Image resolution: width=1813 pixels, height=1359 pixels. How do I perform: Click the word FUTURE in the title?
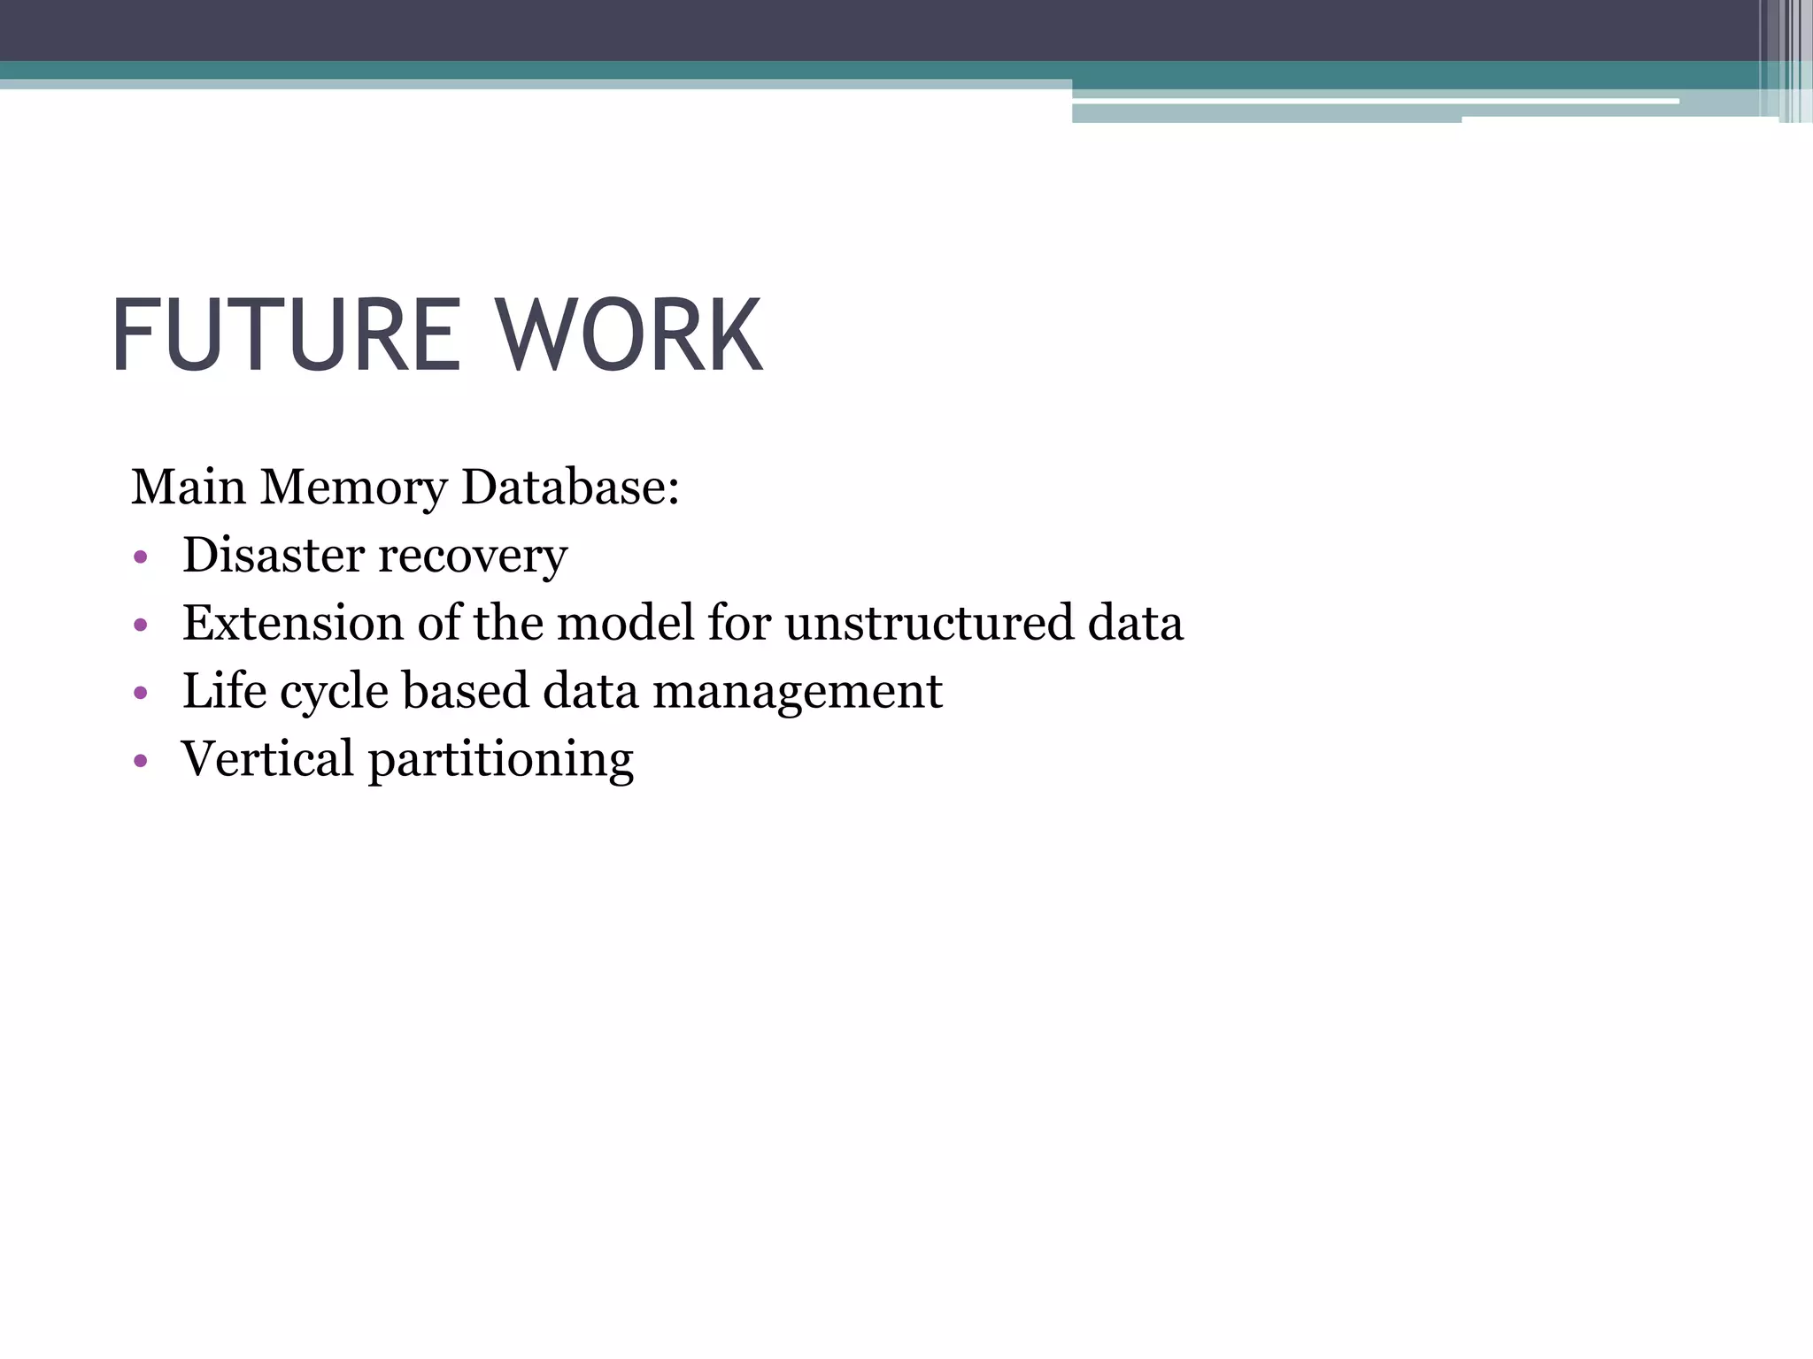[285, 336]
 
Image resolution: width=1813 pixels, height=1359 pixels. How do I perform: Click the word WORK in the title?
[628, 336]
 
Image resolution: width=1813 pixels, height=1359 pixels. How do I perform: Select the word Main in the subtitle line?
[188, 488]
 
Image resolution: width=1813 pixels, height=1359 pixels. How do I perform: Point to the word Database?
[570, 488]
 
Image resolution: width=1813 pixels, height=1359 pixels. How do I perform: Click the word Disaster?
[274, 556]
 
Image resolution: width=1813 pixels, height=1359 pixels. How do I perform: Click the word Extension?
[293, 623]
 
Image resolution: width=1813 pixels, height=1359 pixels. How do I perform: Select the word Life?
[224, 691]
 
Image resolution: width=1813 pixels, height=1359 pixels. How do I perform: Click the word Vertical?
[267, 759]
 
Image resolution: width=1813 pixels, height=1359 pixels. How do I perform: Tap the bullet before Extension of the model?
[140, 626]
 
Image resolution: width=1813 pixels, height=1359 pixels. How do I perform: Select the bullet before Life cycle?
[140, 695]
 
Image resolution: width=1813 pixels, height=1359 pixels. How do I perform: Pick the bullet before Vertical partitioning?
[140, 762]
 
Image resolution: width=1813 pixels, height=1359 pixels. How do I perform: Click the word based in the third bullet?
[465, 691]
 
